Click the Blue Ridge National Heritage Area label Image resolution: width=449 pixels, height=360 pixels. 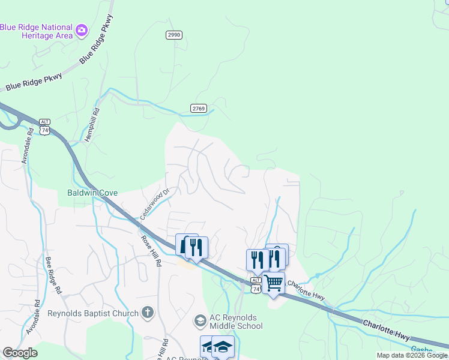pos(37,31)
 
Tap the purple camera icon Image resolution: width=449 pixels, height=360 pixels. pos(82,29)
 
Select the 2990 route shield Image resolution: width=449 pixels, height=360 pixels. pos(173,35)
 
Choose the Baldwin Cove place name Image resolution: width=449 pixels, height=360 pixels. pos(92,193)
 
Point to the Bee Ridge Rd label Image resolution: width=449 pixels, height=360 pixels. pos(53,275)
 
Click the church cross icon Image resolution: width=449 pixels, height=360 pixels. pos(148,313)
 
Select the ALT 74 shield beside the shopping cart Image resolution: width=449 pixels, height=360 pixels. pos(256,286)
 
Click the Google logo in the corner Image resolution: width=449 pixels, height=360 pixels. pos(20,353)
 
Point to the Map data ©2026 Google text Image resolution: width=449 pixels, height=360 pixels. pos(411,355)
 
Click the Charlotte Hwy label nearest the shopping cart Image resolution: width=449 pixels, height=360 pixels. pos(306,290)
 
